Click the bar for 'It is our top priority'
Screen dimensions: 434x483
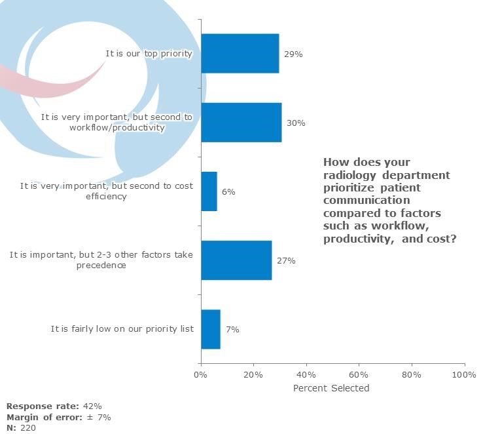click(x=240, y=54)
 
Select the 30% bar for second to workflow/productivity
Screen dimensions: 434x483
click(x=241, y=123)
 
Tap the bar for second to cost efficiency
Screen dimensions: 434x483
click(x=209, y=191)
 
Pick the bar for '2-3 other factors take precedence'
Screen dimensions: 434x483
click(x=236, y=260)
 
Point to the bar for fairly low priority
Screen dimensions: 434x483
click(x=210, y=329)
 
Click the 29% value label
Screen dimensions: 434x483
click(x=293, y=54)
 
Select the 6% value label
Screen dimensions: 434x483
click(x=228, y=192)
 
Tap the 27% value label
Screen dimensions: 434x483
click(x=286, y=261)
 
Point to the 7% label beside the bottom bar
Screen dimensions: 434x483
click(x=232, y=330)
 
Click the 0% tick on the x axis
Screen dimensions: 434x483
click(x=201, y=375)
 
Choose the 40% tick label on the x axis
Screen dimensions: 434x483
click(x=306, y=375)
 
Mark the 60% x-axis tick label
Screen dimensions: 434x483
click(x=359, y=375)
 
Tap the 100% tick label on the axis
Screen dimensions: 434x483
click(x=463, y=375)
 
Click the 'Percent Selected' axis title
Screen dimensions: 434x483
click(x=331, y=388)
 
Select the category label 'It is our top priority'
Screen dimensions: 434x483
click(x=149, y=54)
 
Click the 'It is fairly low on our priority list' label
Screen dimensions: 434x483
click(x=122, y=328)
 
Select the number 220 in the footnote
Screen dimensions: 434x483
click(x=27, y=427)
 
